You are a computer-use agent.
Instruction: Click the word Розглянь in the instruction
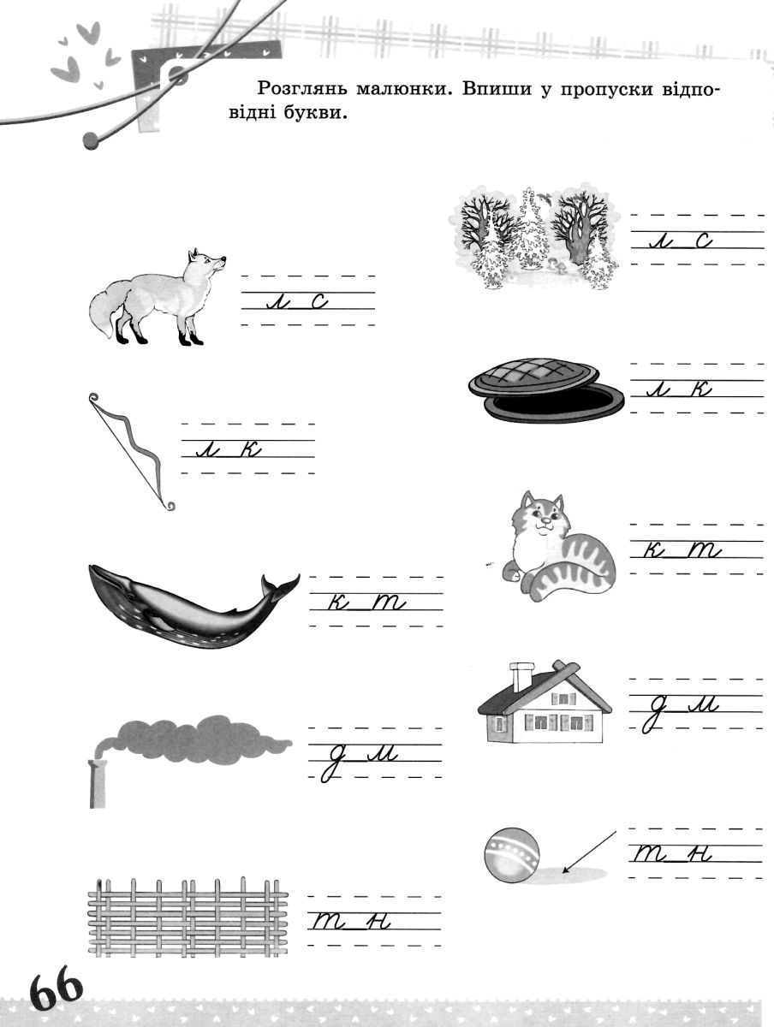pos(304,89)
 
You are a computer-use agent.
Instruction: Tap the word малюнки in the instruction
pos(404,88)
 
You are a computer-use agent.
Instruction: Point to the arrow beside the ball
pos(589,852)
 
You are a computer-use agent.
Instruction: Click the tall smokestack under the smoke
pos(98,784)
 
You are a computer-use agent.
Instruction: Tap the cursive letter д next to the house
pos(652,715)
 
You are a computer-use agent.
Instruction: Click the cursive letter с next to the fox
pos(319,301)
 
